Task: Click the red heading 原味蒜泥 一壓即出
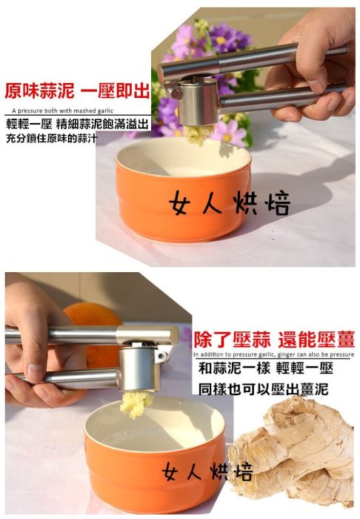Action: pyautogui.click(x=77, y=91)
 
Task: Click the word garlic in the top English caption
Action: pyautogui.click(x=105, y=111)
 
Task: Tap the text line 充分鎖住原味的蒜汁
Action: pyautogui.click(x=51, y=138)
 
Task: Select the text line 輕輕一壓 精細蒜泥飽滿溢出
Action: pyautogui.click(x=77, y=124)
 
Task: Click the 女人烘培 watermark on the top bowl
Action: pyautogui.click(x=230, y=202)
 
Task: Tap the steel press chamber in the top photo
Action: pyautogui.click(x=198, y=102)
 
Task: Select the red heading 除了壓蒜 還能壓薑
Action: pyautogui.click(x=274, y=340)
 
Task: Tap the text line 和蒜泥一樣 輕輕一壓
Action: pyautogui.click(x=265, y=368)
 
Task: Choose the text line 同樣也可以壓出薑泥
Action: pyautogui.click(x=263, y=389)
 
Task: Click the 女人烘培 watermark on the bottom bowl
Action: pyautogui.click(x=207, y=472)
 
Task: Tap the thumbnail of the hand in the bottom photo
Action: pyautogui.click(x=34, y=371)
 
